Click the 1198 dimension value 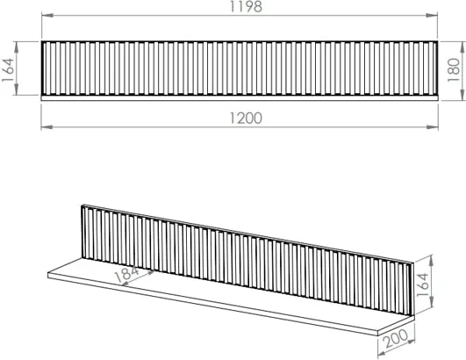point(246,6)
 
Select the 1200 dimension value point(246,118)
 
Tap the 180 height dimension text point(454,70)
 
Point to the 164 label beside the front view point(8,69)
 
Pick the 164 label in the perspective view point(422,284)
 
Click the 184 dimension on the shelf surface point(126,274)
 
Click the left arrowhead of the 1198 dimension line point(47,15)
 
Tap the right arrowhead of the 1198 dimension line point(432,15)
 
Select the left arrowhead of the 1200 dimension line point(47,127)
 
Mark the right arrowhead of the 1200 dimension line point(433,127)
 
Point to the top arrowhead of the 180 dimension point(462,47)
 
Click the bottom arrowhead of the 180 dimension point(462,95)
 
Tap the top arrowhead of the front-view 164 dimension point(17,47)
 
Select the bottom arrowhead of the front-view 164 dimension point(17,90)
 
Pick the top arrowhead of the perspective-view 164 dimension point(432,261)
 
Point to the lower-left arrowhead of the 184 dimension point(126,284)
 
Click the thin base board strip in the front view point(240,98)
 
